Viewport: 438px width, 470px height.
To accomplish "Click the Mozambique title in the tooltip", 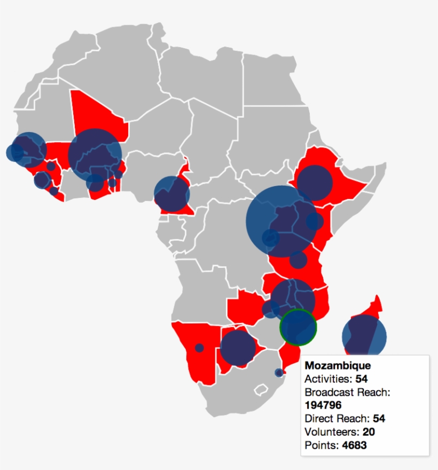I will click(x=338, y=366).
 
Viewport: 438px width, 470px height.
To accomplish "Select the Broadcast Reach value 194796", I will click(x=323, y=405).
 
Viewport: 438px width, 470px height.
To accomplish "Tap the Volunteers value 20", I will click(x=369, y=432).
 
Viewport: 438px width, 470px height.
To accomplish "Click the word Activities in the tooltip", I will click(x=327, y=379).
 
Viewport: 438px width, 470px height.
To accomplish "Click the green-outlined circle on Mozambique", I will click(x=299, y=327).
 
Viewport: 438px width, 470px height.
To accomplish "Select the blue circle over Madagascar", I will click(x=364, y=336).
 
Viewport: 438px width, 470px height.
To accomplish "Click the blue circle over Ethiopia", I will click(x=315, y=183).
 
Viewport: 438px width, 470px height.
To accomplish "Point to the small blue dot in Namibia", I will click(x=199, y=348).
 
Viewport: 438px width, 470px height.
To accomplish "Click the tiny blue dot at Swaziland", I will click(x=279, y=372).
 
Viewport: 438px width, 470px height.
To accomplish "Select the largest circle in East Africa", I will click(x=281, y=221).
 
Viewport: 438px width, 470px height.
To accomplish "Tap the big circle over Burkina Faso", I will click(x=95, y=155).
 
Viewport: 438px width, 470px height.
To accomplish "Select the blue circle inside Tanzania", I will click(x=298, y=260).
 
